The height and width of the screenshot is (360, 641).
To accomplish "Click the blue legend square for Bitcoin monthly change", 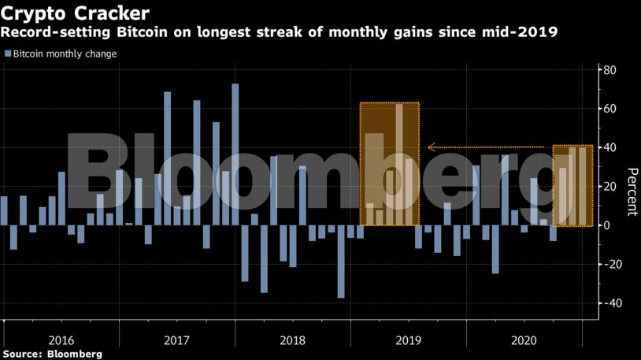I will (x=8, y=54).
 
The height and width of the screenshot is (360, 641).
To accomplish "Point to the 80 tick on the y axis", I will (x=609, y=70).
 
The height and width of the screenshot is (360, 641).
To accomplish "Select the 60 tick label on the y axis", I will (x=609, y=109).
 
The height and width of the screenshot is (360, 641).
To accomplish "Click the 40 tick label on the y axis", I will (x=609, y=147).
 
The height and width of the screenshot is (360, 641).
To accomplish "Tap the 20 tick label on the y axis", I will (x=609, y=186).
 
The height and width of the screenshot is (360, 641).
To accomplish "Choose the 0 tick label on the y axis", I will (x=606, y=225).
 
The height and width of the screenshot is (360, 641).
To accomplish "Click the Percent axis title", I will (x=631, y=191).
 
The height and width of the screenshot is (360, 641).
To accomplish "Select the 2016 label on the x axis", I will (x=61, y=340).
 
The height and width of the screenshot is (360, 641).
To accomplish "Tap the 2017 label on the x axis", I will (x=177, y=340).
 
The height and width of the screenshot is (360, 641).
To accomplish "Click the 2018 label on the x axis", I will (x=293, y=340).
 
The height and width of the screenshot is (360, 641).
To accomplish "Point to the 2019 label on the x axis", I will (x=409, y=340).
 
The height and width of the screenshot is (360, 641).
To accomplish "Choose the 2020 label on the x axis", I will (x=524, y=340).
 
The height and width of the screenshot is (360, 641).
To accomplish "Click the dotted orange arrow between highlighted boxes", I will (x=488, y=147).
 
